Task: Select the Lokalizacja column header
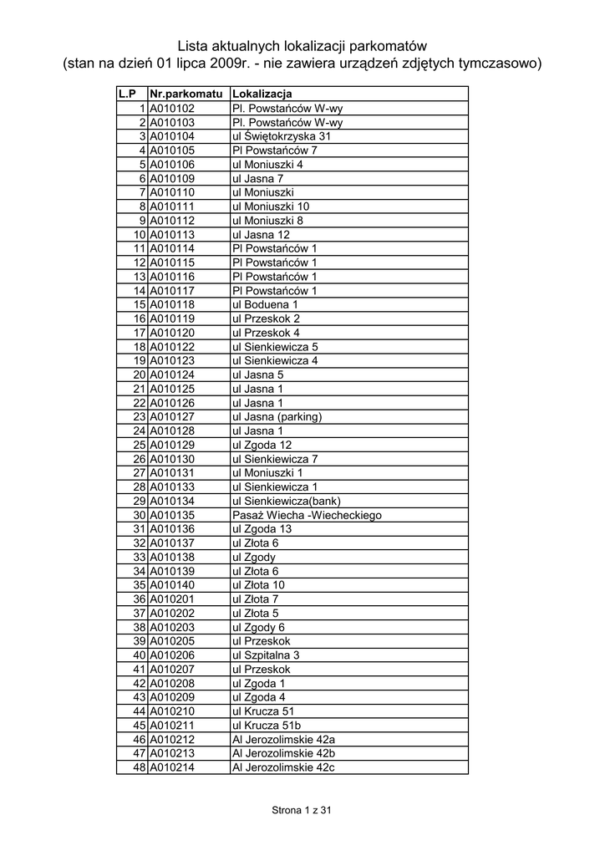pos(262,94)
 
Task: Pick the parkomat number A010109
pos(172,178)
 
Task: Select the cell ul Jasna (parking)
pos(277,416)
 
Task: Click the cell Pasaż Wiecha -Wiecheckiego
pos(306,515)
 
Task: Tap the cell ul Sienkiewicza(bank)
pos(287,501)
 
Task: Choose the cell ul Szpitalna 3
pos(265,655)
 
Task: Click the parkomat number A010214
pos(172,767)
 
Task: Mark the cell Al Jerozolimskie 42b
pos(283,753)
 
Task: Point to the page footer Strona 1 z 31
pos(302,810)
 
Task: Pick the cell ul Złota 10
pos(258,585)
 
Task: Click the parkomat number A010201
pos(172,599)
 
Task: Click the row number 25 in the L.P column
pos(140,445)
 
